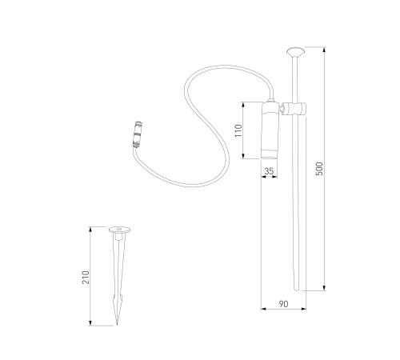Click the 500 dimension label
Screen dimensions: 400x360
tap(319, 169)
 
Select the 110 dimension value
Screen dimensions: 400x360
tap(238, 130)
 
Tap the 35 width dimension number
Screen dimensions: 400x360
tap(269, 171)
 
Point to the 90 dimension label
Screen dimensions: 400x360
tap(283, 304)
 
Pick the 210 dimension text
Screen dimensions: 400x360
tap(86, 278)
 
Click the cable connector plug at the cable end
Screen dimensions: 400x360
tap(138, 134)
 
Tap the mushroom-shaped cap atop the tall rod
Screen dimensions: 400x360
tap(295, 52)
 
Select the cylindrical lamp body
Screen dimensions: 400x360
tap(270, 130)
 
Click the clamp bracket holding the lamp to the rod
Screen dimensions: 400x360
tap(293, 109)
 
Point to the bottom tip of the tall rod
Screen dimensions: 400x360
tap(296, 290)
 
